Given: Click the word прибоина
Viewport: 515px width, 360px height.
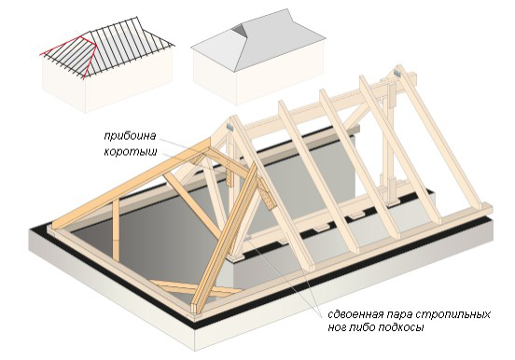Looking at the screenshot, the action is pyautogui.click(x=130, y=136).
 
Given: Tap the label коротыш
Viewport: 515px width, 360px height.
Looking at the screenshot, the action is pyautogui.click(x=131, y=152).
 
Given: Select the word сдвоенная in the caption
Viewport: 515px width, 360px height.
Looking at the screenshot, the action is pyautogui.click(x=355, y=314).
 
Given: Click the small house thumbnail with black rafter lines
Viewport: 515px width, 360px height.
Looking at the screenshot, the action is pyautogui.click(x=107, y=64).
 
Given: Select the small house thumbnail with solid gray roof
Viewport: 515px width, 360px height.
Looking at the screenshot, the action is pyautogui.click(x=257, y=57).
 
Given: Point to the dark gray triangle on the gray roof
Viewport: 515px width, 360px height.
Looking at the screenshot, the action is pyautogui.click(x=239, y=31).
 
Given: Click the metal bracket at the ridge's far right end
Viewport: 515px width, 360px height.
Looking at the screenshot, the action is pyautogui.click(x=397, y=72).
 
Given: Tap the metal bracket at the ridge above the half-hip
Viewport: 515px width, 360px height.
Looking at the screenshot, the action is pyautogui.click(x=230, y=126).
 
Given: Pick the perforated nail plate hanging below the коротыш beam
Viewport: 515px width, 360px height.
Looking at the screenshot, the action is pyautogui.click(x=230, y=173).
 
